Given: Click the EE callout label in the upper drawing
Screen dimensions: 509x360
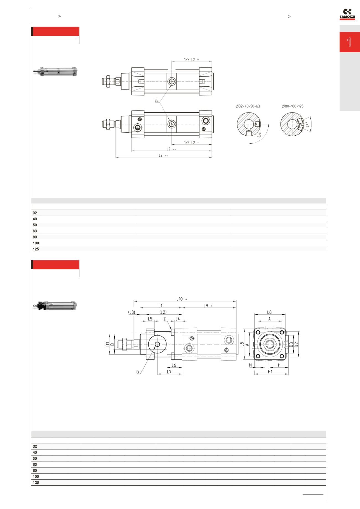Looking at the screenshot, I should pyautogui.click(x=156, y=101).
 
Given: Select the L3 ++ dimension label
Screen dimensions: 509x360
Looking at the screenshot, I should pyautogui.click(x=163, y=156).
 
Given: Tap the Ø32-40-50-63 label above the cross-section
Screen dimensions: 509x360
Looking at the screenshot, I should pyautogui.click(x=248, y=106).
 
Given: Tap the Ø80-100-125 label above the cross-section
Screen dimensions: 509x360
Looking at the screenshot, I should pyautogui.click(x=292, y=106).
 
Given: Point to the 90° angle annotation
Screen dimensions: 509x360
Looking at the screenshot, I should pyautogui.click(x=259, y=135).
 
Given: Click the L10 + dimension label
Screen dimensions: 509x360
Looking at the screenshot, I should pyautogui.click(x=182, y=299).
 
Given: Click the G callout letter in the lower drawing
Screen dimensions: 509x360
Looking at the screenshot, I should pyautogui.click(x=138, y=372).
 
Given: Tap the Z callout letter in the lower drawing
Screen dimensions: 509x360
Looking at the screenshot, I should pyautogui.click(x=164, y=319).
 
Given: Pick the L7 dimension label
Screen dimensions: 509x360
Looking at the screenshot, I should pyautogui.click(x=169, y=372).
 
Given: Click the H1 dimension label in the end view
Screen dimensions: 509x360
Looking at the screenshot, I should pyautogui.click(x=270, y=372).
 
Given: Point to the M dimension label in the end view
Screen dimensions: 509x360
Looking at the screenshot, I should pyautogui.click(x=250, y=365).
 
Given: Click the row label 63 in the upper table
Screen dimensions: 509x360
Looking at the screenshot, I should pyautogui.click(x=35, y=231).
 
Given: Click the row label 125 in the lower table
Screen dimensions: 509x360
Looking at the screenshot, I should pyautogui.click(x=36, y=482).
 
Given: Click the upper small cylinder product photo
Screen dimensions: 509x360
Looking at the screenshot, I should pyautogui.click(x=55, y=71).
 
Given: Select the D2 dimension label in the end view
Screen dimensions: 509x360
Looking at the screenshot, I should pyautogui.click(x=297, y=345).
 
